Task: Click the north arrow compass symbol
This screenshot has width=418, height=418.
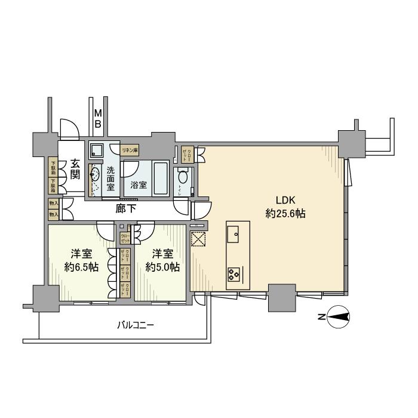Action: click(x=338, y=318)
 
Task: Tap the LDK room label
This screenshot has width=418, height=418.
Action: click(x=285, y=200)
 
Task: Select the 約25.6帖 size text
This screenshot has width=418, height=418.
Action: click(x=285, y=213)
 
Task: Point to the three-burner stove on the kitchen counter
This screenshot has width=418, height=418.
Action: click(x=233, y=275)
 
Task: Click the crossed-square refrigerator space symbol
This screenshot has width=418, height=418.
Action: click(x=198, y=239)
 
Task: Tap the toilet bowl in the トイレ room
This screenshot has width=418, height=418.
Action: click(x=183, y=177)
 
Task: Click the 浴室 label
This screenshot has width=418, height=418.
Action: click(x=137, y=185)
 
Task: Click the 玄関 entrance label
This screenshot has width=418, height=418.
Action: click(x=75, y=168)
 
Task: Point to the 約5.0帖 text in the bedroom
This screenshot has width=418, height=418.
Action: click(x=163, y=268)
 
